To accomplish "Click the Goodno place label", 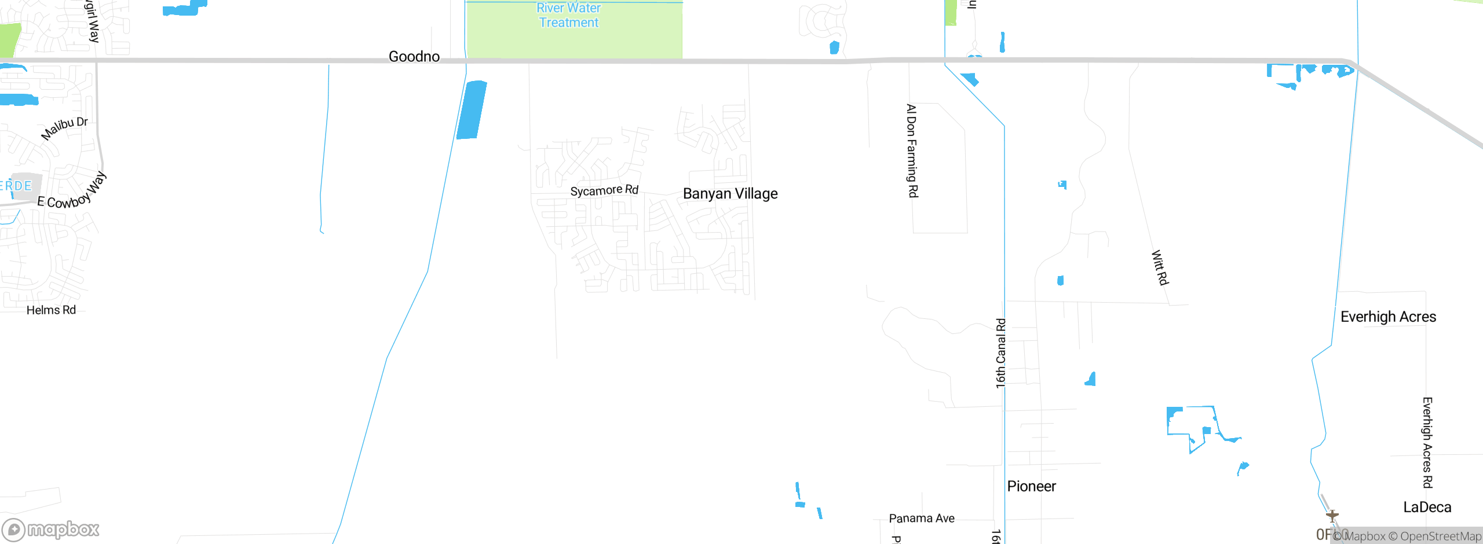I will click(x=414, y=56).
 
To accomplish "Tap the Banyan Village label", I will click(x=730, y=193).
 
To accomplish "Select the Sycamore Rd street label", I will click(x=604, y=190).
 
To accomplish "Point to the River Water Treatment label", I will click(x=568, y=15).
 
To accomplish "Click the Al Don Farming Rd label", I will click(x=912, y=150).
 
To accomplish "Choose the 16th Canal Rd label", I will click(x=1000, y=353).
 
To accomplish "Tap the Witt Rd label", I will click(x=1160, y=267).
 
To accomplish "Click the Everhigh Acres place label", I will click(x=1388, y=317).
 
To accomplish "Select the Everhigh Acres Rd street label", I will click(x=1427, y=442).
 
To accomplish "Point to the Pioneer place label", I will click(x=1031, y=486).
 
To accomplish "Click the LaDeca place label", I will click(x=1427, y=508).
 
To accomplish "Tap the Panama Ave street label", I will click(x=922, y=518).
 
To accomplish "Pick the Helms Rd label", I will click(x=51, y=310).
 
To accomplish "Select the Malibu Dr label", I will click(x=64, y=128).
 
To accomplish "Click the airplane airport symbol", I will click(x=1332, y=515).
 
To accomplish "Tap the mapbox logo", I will click(x=51, y=530).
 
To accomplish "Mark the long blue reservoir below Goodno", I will click(x=472, y=110).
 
